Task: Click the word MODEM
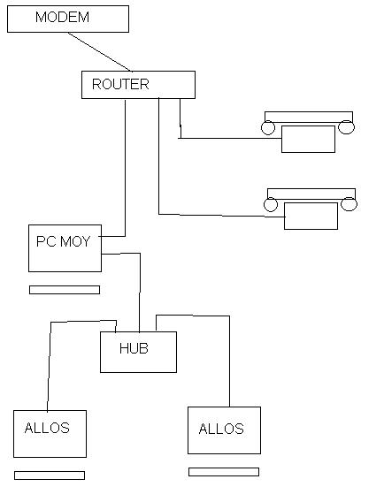click(62, 17)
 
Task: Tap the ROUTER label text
click(120, 84)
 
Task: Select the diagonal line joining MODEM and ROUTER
click(100, 51)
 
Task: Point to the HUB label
click(134, 348)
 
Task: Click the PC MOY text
click(63, 241)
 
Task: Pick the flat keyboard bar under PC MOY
click(65, 290)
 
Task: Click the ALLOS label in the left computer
click(47, 428)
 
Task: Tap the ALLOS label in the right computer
click(221, 429)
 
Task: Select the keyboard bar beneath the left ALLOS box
click(50, 475)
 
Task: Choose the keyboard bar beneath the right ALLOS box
click(224, 472)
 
